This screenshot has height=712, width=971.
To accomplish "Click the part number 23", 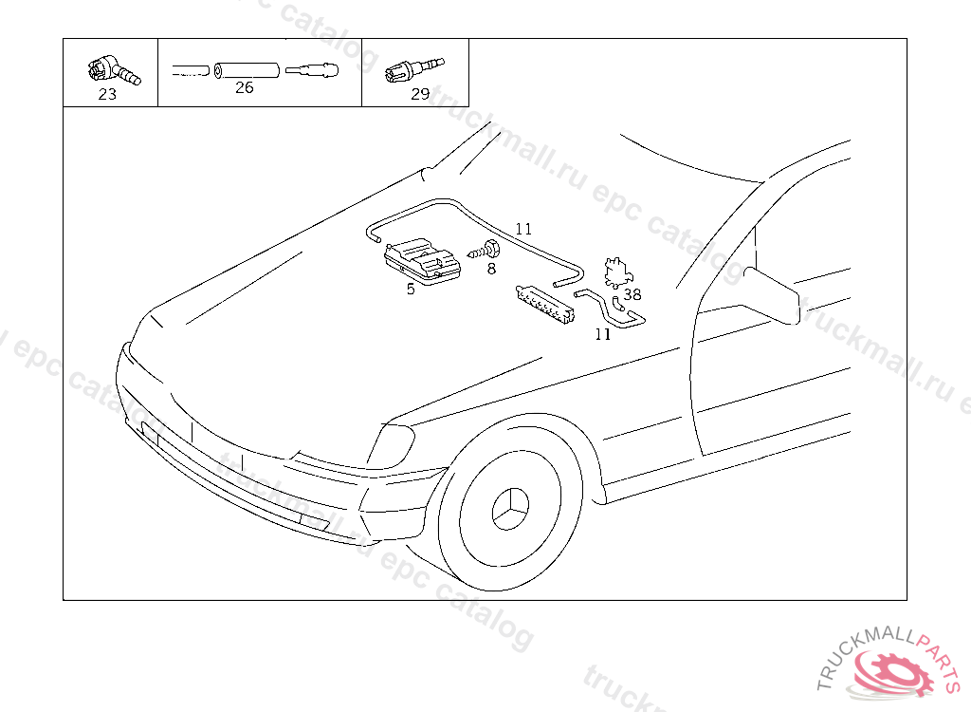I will [107, 94].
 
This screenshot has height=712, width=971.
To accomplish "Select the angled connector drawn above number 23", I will [110, 69].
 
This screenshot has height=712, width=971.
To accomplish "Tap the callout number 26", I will [245, 87].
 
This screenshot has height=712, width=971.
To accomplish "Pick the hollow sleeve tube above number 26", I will [246, 69].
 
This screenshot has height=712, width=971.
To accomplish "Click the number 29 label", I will [420, 93].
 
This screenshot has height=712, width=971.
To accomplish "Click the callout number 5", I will [411, 289].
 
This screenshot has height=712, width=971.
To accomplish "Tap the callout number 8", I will [491, 269].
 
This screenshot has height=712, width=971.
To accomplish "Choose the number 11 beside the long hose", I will [523, 229].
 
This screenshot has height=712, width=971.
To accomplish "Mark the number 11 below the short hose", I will [603, 333].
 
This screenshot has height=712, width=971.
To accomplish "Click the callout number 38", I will [632, 294].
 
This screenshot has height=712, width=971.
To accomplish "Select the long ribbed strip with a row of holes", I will [545, 303].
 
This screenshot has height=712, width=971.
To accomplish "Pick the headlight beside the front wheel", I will [391, 445].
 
